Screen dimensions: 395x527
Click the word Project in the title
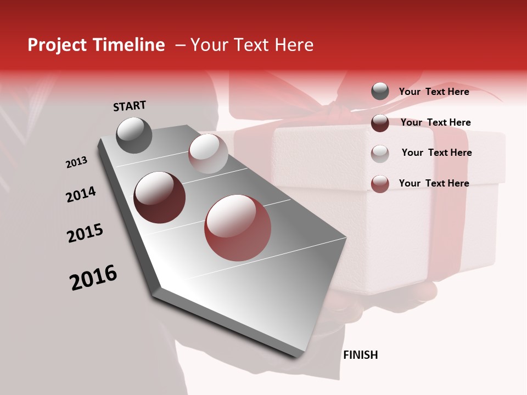pos(56,45)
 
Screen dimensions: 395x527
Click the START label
pos(130,105)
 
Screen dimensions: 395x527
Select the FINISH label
pos(360,355)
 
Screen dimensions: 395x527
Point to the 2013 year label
pos(76,162)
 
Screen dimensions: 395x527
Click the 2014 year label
pos(81,194)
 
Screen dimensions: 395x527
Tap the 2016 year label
pos(93,278)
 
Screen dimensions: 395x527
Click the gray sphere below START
pos(134,135)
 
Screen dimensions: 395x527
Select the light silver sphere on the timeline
pos(208,153)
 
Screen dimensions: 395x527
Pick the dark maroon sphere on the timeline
pos(160,198)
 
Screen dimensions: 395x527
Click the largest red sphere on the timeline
pos(238,228)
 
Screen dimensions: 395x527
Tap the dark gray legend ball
pos(380,92)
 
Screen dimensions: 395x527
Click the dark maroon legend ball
pos(380,123)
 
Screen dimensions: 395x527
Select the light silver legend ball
pos(380,153)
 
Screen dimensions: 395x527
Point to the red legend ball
pos(380,184)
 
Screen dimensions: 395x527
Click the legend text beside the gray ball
pos(434,92)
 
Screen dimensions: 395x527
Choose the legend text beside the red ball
pos(434,183)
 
